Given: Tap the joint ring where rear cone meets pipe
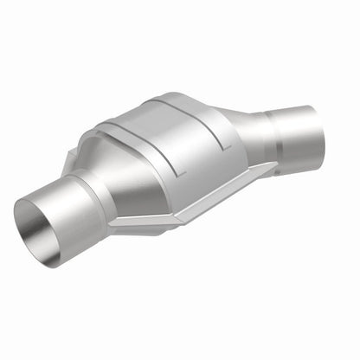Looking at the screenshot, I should tap(275, 130).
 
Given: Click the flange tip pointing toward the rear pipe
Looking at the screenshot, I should tap(273, 164).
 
